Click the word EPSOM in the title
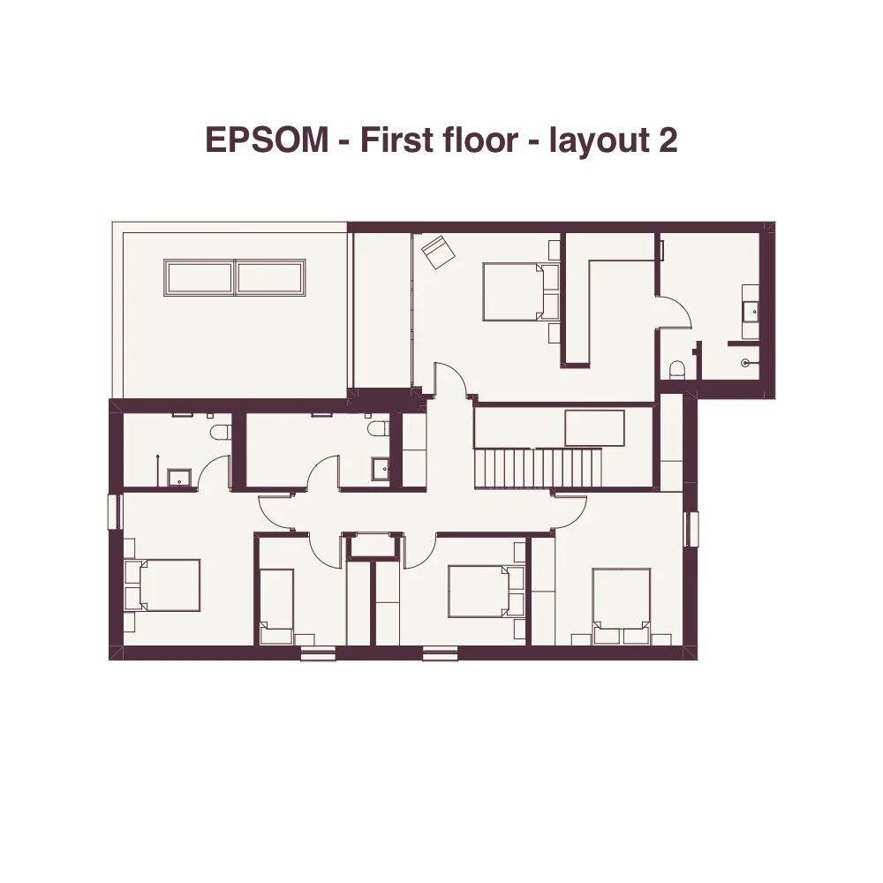tap(267, 140)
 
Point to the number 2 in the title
tap(668, 140)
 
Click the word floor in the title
tap(479, 140)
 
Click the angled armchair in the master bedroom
tap(438, 252)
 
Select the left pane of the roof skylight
tap(200, 277)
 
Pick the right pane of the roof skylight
tap(270, 277)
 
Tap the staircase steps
tap(538, 467)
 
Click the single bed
tap(276, 607)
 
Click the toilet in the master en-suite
tap(677, 370)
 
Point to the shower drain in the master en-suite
tap(745, 363)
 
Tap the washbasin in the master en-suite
tap(751, 311)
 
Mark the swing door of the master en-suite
tap(674, 311)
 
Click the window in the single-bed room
tap(318, 653)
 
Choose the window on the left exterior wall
tap(114, 512)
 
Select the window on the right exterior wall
tap(691, 529)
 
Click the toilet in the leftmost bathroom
tap(220, 431)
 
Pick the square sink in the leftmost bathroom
tap(179, 477)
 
